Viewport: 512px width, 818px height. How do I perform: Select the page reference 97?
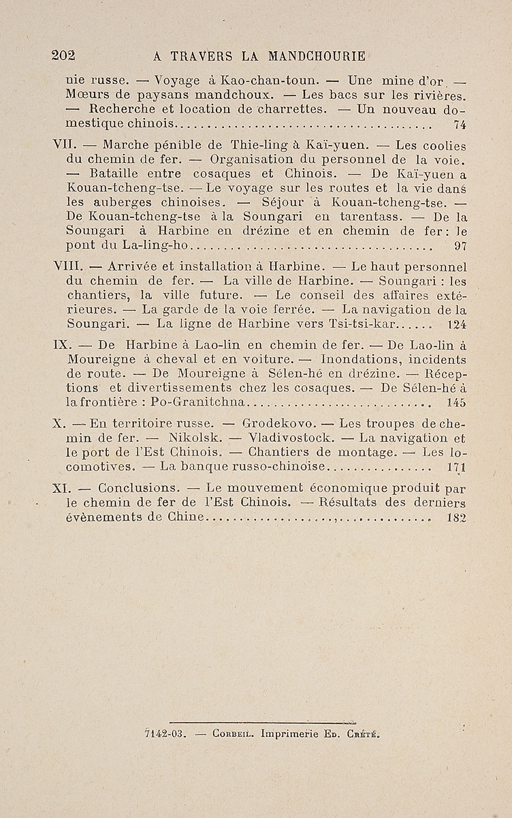(x=460, y=245)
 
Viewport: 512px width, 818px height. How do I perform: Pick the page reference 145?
(x=457, y=403)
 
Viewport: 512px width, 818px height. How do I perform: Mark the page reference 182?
(x=456, y=518)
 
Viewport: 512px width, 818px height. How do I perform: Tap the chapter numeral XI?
(x=62, y=488)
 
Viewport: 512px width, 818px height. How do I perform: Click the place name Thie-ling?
(x=257, y=145)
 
